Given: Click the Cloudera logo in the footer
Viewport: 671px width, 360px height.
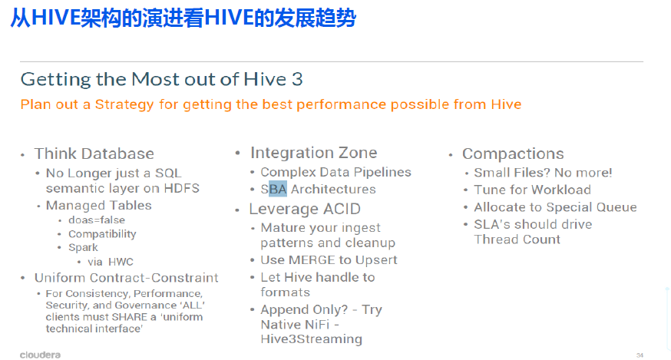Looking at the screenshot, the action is pos(40,355).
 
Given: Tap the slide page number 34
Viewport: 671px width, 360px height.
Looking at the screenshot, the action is pos(640,355).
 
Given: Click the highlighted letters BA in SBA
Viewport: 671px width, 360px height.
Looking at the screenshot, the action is pos(278,189).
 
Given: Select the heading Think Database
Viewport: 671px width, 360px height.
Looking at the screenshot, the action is pos(94,154).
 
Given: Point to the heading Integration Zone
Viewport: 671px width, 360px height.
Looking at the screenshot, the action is pos(314,153).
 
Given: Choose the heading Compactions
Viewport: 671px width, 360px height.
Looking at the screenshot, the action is pos(513,154).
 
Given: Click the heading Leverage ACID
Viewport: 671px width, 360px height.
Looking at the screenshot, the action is pos(305,209).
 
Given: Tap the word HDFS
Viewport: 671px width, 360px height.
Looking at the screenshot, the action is pos(182,188).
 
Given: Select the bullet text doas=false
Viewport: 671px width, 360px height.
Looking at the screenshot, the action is pos(97,220).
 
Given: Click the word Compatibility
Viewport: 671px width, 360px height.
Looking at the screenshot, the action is pos(102,234).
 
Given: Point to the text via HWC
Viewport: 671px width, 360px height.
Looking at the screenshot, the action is pos(111,262).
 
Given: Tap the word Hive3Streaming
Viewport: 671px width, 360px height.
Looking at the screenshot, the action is pos(312,339).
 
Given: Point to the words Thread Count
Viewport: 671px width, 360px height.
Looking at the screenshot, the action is pos(517,239).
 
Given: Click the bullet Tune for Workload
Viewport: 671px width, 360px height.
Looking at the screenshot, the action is pos(532,190).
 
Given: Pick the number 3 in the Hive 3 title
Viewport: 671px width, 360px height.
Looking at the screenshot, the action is pos(297,79).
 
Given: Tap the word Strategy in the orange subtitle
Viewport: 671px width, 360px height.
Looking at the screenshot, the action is pos(124,104).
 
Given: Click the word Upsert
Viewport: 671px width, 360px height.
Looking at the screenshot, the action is pos(376,260).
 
